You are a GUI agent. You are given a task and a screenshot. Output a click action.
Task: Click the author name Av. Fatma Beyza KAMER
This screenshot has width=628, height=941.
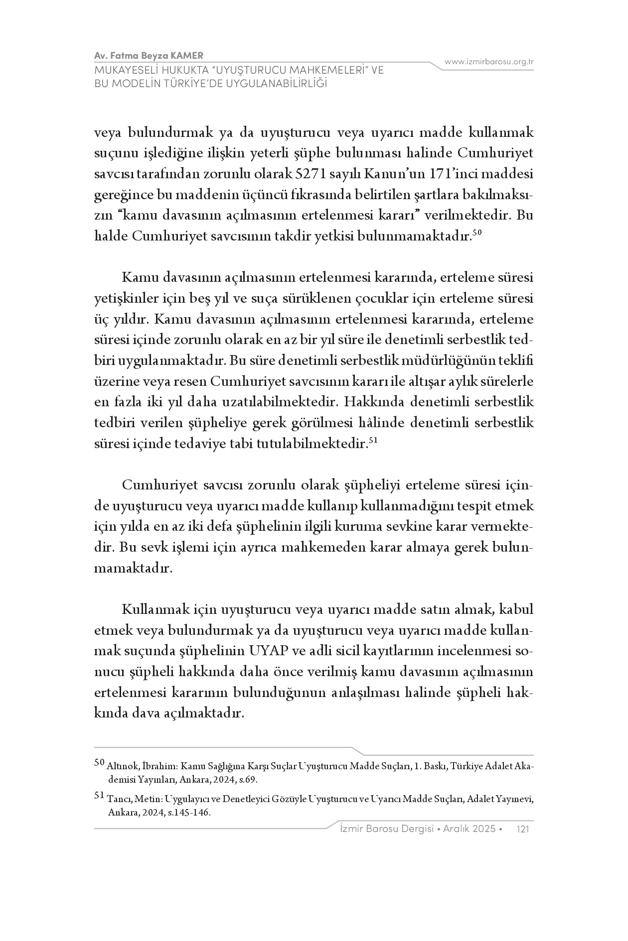[x=148, y=55]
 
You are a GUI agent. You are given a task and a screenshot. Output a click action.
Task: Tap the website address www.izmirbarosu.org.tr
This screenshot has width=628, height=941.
[x=489, y=62]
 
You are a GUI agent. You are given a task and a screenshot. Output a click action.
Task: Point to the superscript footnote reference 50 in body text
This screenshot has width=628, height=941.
[x=476, y=233]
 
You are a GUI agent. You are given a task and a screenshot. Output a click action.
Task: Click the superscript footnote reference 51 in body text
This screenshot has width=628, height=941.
[x=374, y=440]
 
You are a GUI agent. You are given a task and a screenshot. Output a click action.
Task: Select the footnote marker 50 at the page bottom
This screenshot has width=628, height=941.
[x=99, y=762]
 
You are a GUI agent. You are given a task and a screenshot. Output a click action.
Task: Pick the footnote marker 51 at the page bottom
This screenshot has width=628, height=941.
[x=99, y=796]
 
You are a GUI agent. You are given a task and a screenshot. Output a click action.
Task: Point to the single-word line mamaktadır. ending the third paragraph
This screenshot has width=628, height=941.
[x=133, y=568]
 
